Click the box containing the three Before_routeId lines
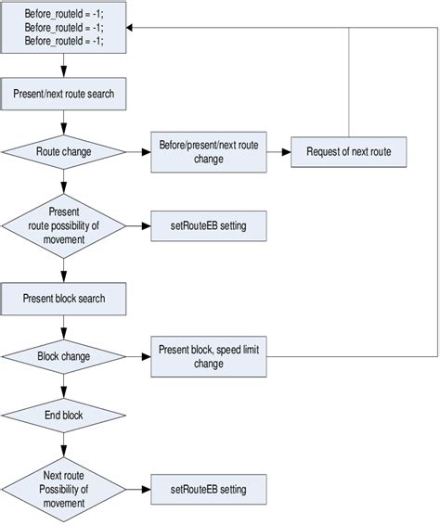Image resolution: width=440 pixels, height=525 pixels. (x=63, y=28)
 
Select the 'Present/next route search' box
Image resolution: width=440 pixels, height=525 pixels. (x=63, y=94)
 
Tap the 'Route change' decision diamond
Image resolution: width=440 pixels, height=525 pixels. (x=63, y=150)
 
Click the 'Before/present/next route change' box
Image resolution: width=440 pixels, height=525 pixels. (x=208, y=150)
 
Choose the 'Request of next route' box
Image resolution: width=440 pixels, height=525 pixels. (x=348, y=150)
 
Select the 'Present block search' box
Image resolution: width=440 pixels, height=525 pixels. (x=63, y=299)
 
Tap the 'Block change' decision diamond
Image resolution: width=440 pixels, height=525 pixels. (x=63, y=355)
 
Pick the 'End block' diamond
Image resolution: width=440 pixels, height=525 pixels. (x=63, y=415)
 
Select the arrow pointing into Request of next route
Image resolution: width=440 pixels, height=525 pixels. (x=278, y=150)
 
